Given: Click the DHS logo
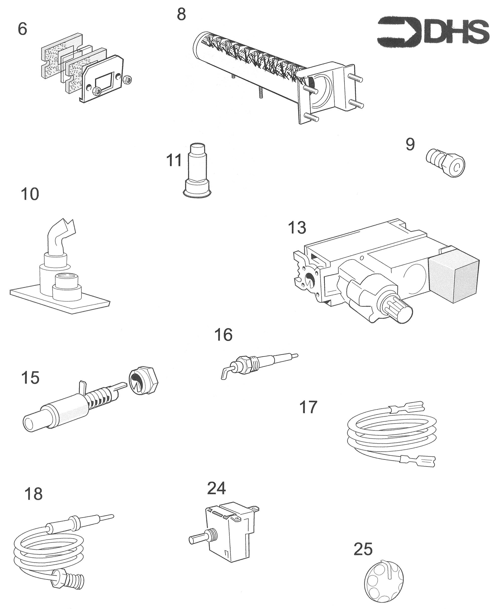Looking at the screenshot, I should [433, 32].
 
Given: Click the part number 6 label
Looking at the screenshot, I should [22, 29].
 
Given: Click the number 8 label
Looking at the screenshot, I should [181, 14].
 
